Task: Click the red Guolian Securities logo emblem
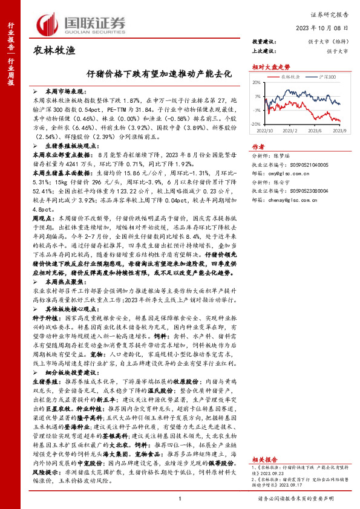coord(48,22)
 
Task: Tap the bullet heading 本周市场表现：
coord(61,89)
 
